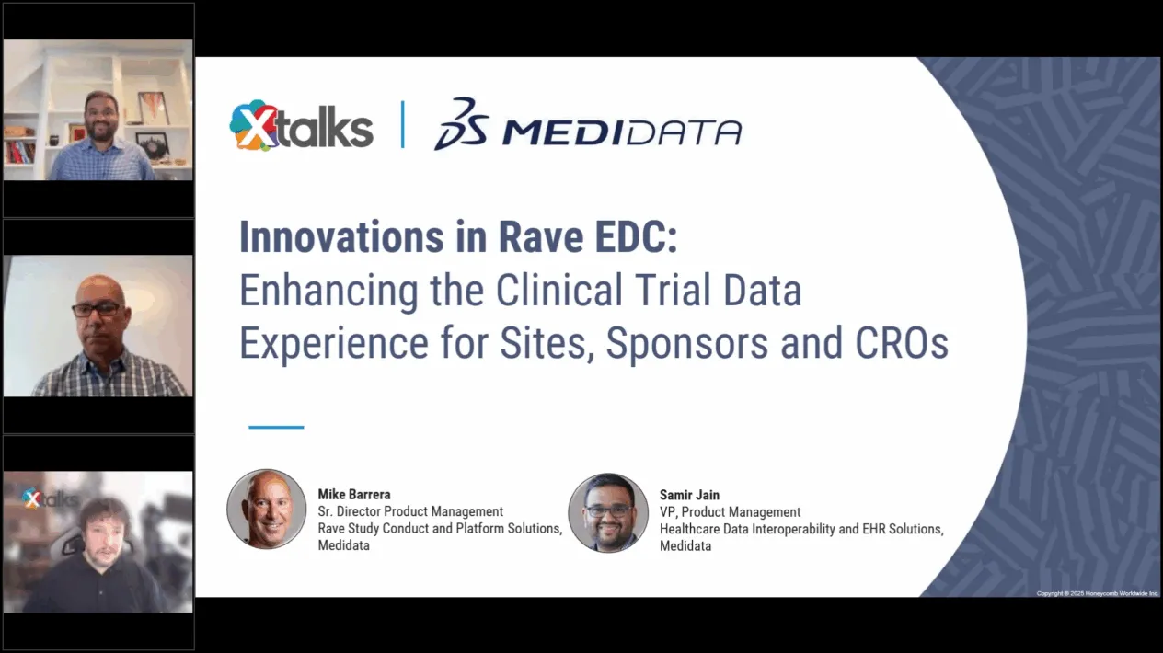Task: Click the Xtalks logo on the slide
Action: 301,125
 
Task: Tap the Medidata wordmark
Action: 622,132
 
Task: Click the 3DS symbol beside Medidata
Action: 462,123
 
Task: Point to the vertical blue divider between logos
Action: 403,124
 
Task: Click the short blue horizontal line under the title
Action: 276,427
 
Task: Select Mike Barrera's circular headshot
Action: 267,510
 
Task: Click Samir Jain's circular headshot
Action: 608,512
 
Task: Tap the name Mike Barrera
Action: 354,494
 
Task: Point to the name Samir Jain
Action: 689,495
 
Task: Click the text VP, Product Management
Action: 730,511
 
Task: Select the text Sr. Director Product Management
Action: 410,511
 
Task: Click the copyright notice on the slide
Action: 1098,593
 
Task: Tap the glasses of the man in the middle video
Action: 97,310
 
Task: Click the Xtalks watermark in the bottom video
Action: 51,498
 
